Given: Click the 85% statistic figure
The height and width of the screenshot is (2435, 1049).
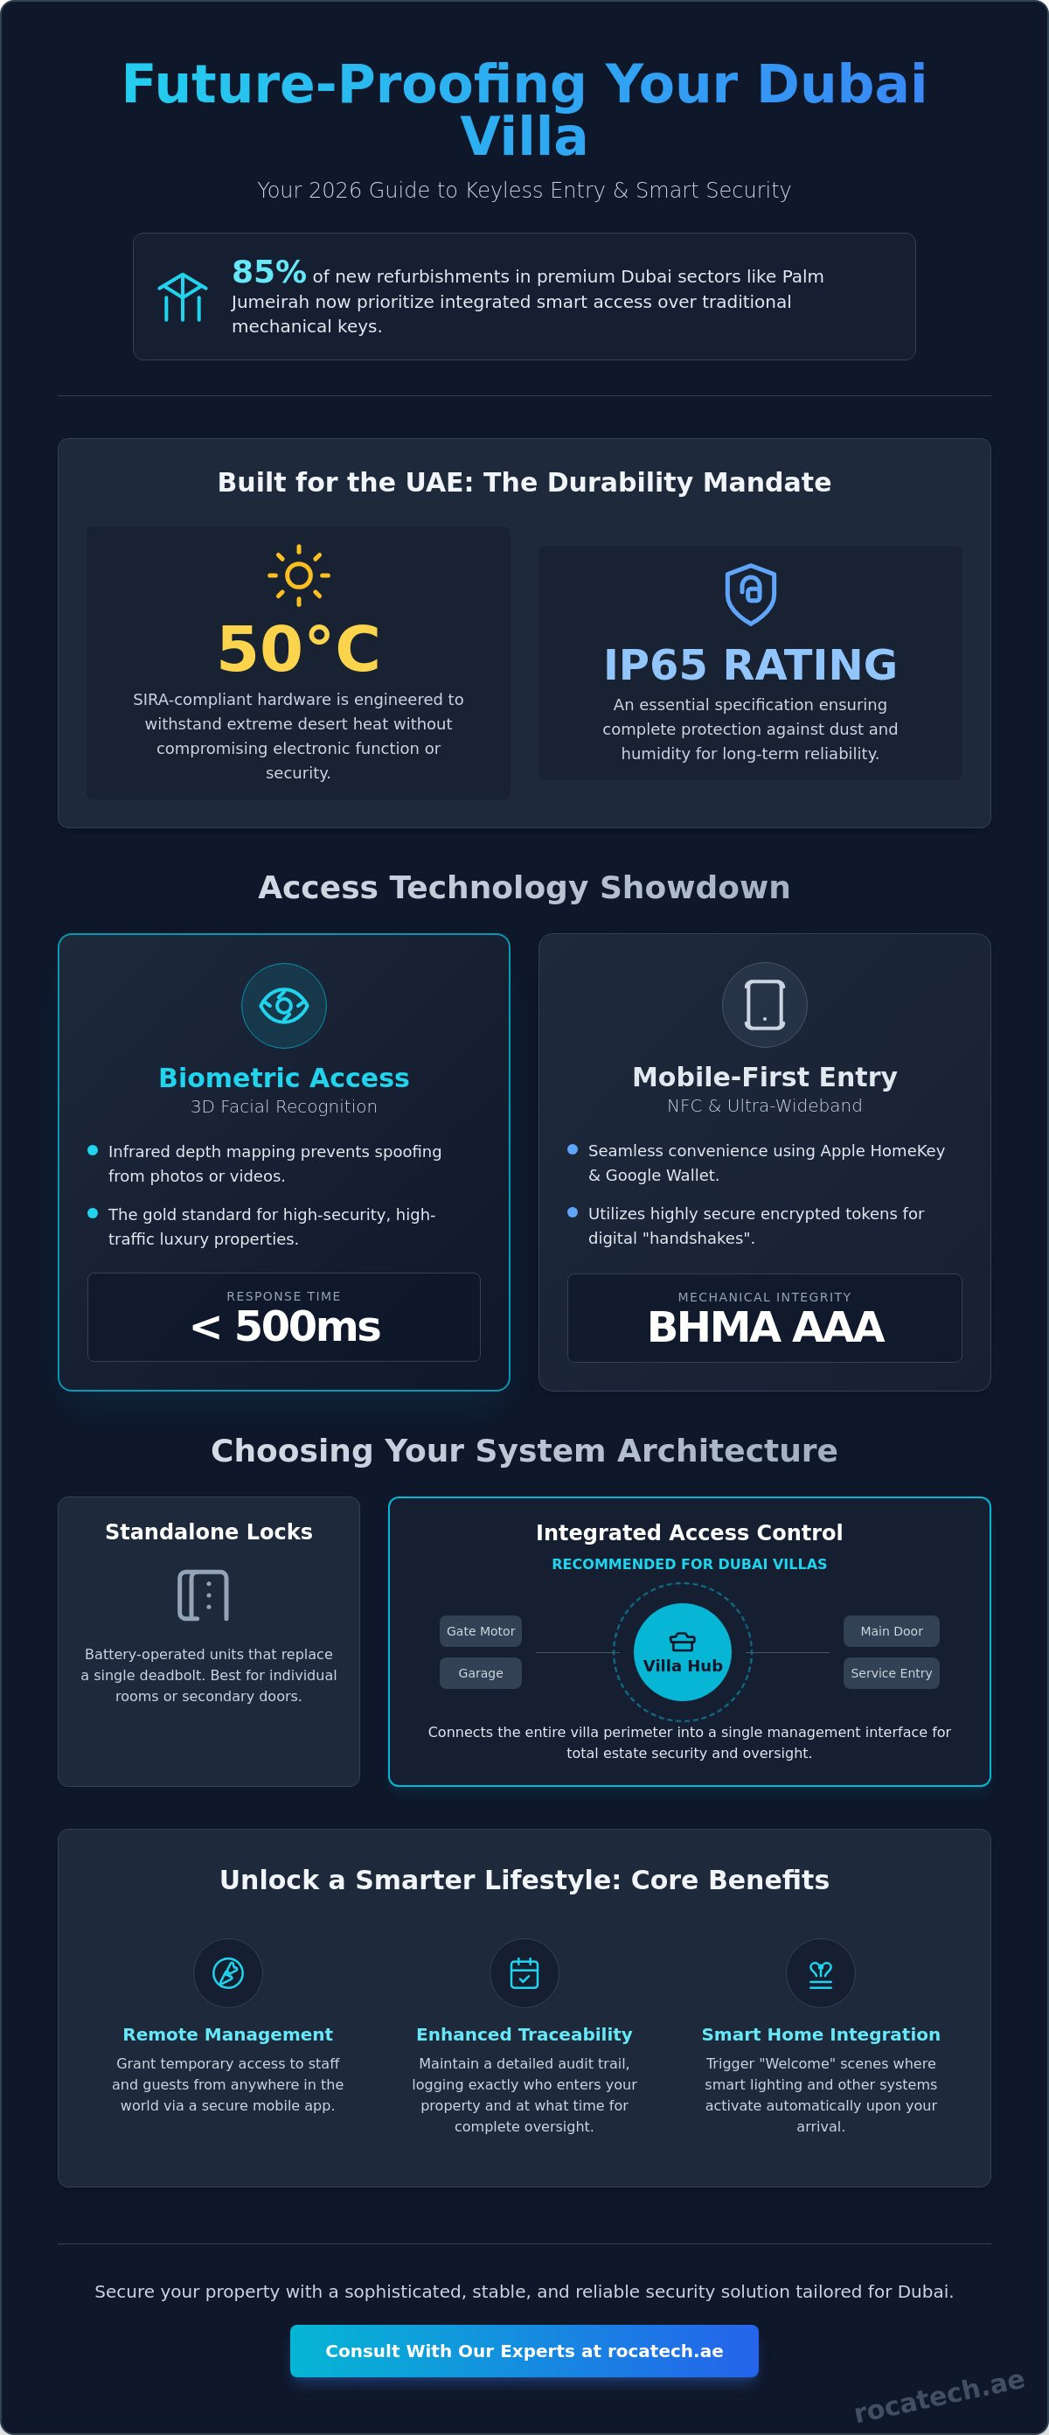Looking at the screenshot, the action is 269,272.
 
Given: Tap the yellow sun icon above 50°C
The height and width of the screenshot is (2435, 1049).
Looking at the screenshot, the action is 299,575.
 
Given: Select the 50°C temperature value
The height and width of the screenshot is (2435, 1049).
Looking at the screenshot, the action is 299,649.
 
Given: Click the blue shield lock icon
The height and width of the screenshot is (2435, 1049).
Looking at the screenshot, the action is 750,594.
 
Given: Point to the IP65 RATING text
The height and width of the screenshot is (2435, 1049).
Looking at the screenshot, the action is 750,665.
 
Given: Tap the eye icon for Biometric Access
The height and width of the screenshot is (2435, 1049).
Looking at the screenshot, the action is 283,1005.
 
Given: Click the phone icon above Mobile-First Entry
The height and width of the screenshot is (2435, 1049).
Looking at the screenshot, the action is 765,1004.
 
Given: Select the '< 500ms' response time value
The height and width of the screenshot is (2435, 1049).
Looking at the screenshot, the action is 285,1326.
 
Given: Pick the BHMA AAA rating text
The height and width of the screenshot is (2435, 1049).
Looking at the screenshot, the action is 766,1327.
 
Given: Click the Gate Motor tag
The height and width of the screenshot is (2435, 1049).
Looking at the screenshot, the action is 480,1630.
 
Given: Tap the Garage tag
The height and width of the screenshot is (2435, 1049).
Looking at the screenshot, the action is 480,1673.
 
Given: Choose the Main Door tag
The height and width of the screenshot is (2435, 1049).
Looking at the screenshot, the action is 891,1630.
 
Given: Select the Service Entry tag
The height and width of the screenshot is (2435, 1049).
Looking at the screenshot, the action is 891,1673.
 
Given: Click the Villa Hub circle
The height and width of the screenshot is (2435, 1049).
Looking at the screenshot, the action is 683,1652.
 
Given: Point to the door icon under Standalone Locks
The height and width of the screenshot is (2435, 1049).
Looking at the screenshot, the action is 203,1594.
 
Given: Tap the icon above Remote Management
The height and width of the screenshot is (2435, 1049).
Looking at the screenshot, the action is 228,1973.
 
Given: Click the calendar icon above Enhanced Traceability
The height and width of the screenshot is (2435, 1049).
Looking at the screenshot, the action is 524,1973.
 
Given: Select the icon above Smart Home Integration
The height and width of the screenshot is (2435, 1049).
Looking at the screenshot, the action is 820,1974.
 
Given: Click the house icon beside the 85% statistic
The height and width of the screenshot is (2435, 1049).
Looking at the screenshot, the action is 182,297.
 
